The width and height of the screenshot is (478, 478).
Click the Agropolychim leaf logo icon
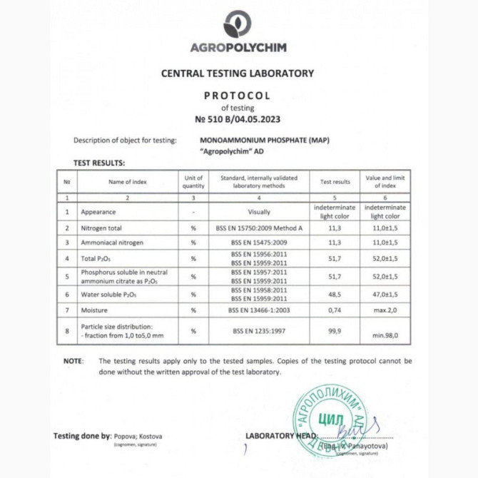click(238, 24)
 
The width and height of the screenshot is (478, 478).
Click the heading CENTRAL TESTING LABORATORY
click(238, 73)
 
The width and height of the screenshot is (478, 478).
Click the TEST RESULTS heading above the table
click(99, 163)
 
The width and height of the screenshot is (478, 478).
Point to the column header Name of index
click(128, 181)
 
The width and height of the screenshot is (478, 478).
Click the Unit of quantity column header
click(194, 181)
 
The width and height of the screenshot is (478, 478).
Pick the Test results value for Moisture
click(335, 310)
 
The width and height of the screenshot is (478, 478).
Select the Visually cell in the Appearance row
click(259, 212)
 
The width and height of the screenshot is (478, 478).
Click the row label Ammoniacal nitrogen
click(112, 243)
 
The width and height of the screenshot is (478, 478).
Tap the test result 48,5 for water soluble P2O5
click(335, 293)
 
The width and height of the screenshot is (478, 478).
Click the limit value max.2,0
click(386, 310)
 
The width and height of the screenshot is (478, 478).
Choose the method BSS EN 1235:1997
click(259, 331)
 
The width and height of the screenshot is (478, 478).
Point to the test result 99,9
click(335, 331)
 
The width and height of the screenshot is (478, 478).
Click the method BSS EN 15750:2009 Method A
click(259, 228)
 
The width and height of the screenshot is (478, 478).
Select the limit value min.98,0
click(386, 335)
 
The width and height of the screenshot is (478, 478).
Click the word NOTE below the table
click(73, 361)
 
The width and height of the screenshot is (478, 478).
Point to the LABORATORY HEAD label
click(281, 436)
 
